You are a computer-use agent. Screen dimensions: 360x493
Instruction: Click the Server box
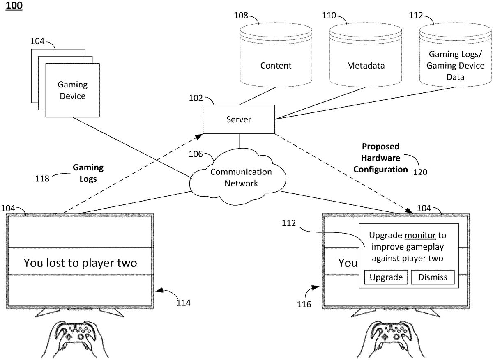point(239,119)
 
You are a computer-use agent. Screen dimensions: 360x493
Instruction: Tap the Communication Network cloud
point(241,177)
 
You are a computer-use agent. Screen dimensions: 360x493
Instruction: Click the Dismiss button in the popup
point(433,277)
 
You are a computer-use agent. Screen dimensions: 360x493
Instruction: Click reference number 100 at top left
point(14,6)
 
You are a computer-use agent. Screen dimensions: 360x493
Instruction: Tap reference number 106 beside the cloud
point(196,154)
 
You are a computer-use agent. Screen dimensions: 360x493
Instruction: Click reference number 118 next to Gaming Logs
point(42,179)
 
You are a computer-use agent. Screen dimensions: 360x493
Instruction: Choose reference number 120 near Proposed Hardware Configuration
point(420,172)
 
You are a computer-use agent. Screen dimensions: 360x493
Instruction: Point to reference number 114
point(183,303)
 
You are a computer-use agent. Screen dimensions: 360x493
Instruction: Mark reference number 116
point(304,304)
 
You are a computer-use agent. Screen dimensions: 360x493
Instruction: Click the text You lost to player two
point(80,263)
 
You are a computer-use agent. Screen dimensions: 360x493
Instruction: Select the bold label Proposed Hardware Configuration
point(380,158)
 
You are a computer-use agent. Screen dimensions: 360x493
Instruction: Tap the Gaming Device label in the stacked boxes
point(72,90)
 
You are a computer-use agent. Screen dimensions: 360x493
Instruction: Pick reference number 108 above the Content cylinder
point(241,16)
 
